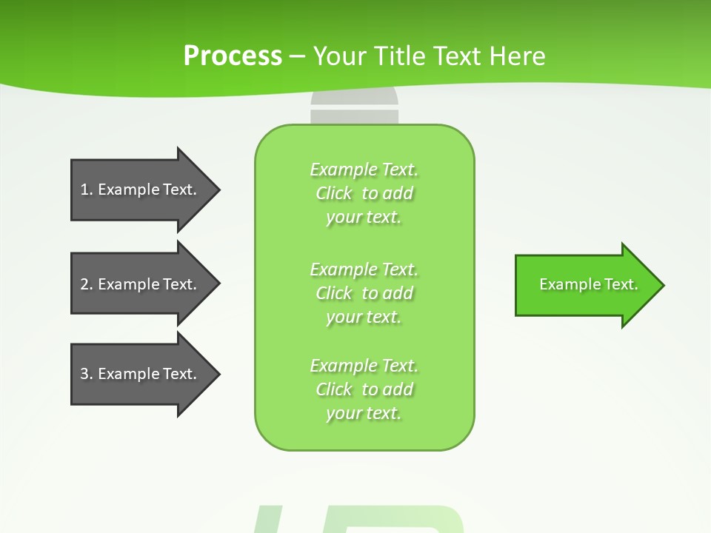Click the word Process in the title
(x=233, y=56)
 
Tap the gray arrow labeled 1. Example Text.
(x=141, y=190)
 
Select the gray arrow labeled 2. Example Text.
(x=141, y=284)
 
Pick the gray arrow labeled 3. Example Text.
(x=141, y=374)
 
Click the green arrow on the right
(x=585, y=285)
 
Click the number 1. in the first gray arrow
(x=87, y=190)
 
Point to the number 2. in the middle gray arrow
(x=87, y=284)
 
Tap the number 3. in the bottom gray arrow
(x=87, y=374)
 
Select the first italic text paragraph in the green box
(x=364, y=193)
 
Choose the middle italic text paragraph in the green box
(x=364, y=293)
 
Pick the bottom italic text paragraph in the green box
(x=364, y=389)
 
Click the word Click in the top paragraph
(x=334, y=193)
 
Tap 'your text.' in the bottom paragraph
(x=364, y=413)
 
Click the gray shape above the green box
(x=354, y=108)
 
